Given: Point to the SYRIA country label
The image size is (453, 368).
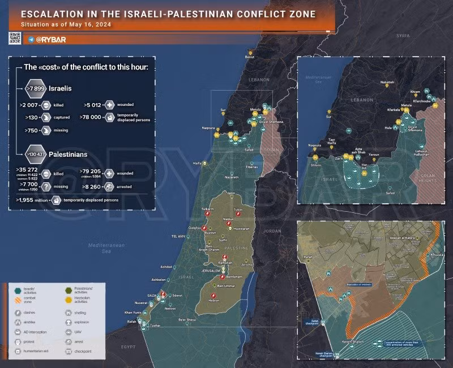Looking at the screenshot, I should coord(402,35).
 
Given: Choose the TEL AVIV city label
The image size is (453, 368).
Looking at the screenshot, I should coord(179,236).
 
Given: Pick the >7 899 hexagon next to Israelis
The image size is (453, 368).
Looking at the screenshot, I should coord(35,88).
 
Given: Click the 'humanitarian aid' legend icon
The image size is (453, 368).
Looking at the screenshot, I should coord(19,352).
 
